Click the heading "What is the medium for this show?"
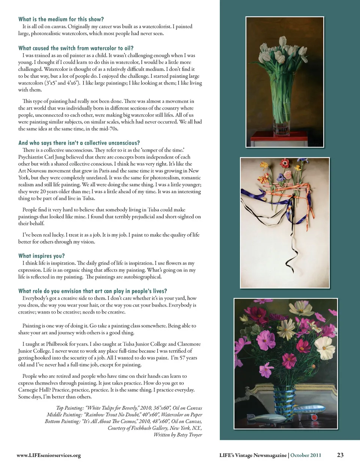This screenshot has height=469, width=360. tap(61, 19)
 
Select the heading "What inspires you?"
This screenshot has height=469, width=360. tap(41, 256)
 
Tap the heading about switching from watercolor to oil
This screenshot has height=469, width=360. tap(76, 48)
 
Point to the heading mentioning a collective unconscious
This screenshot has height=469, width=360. tap(79, 143)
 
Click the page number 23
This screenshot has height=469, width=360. tap(340, 455)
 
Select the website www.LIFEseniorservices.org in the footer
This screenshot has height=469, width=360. tap(49, 455)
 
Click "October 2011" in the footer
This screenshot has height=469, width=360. tap(306, 455)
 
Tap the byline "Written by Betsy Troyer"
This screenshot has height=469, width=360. tap(178, 435)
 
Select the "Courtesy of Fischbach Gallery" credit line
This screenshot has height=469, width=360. tap(155, 428)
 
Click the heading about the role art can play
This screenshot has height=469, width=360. tap(92, 291)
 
